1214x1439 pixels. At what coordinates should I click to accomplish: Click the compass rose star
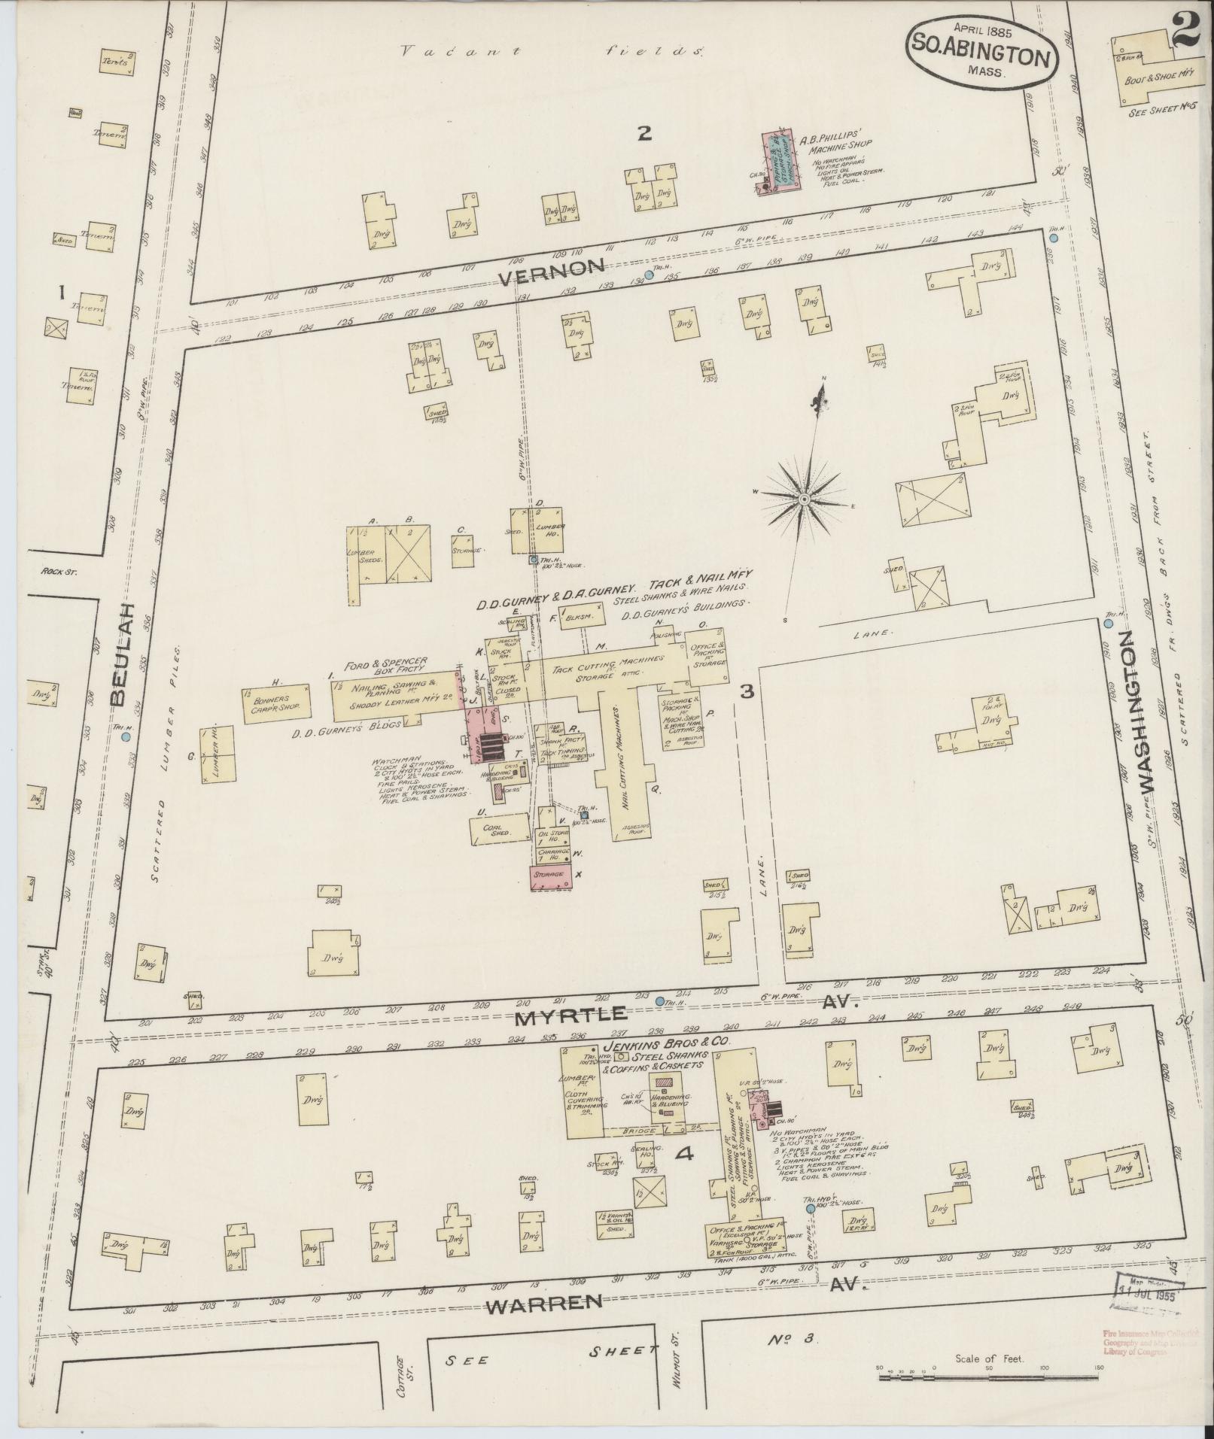coord(803,498)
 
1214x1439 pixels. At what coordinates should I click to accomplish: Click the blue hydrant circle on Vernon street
coord(650,275)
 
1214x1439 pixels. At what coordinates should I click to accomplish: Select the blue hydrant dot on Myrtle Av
coord(659,1001)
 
